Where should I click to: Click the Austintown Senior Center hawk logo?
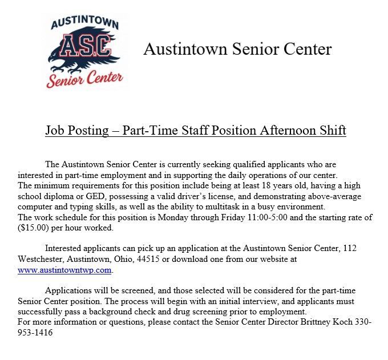(84, 51)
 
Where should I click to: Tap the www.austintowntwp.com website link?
(64, 270)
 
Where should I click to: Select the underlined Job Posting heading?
(196, 131)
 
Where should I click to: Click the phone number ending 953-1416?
(35, 332)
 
